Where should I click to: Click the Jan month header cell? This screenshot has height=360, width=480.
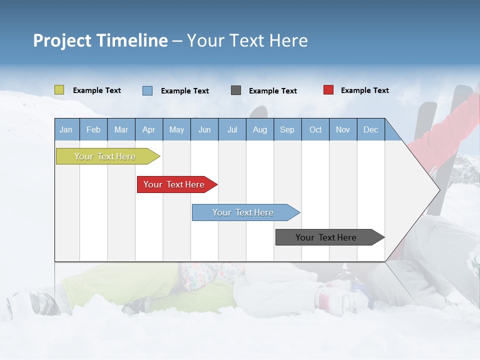(66, 129)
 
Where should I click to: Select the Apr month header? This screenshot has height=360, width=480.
(149, 129)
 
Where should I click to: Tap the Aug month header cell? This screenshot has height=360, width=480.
(260, 129)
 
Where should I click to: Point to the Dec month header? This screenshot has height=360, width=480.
(371, 129)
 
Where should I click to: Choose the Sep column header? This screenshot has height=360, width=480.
(287, 129)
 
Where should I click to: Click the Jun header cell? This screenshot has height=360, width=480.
(204, 129)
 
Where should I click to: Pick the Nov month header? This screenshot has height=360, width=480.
(343, 129)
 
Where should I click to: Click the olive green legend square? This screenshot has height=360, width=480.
(59, 90)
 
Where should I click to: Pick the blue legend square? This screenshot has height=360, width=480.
(147, 90)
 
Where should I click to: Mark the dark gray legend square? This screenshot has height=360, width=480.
(236, 90)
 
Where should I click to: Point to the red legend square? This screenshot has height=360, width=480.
(328, 90)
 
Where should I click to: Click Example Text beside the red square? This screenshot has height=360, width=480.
(364, 90)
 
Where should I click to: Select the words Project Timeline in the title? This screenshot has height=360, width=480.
(100, 40)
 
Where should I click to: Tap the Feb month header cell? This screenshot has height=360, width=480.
(93, 129)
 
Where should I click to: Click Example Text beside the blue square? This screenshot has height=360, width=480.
(184, 91)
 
